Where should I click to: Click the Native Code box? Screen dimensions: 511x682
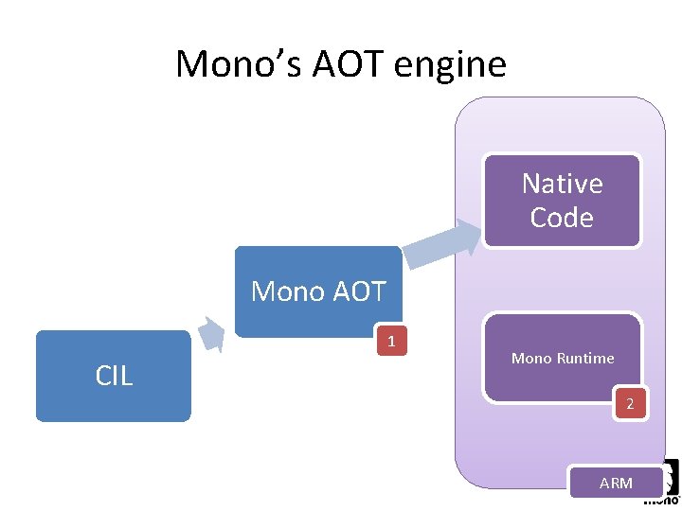562,201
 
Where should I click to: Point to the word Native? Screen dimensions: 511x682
562,184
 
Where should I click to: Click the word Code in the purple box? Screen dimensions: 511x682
562,218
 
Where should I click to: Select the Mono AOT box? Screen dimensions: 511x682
318,291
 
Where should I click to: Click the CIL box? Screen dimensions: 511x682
114,376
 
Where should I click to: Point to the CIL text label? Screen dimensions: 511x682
114,376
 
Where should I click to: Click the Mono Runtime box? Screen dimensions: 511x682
563,358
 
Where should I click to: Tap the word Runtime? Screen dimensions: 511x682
586,359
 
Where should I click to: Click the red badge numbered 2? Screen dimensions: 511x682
630,406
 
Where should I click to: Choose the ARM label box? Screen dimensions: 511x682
616,483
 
